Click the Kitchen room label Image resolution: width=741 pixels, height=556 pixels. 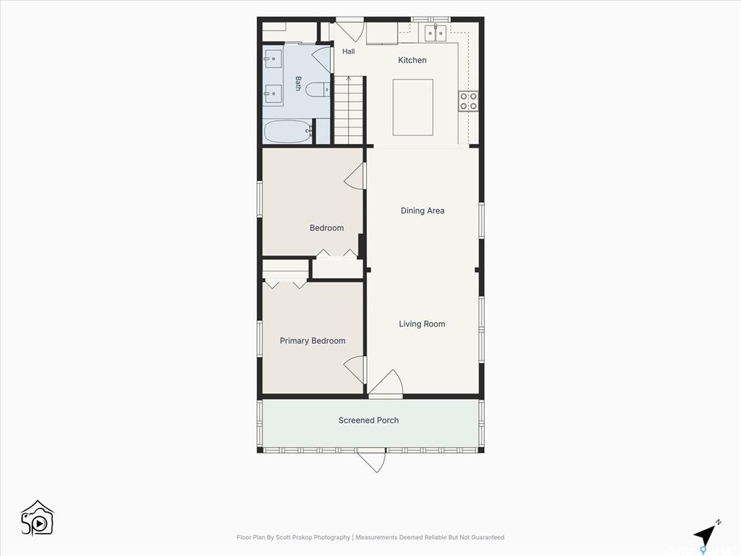(x=412, y=60)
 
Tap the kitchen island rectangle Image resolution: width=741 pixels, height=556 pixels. (x=413, y=107)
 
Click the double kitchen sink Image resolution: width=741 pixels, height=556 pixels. (x=435, y=33)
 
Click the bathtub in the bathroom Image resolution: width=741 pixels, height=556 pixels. (x=288, y=132)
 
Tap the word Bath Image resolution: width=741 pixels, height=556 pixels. (x=298, y=83)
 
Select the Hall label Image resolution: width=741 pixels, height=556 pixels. (x=348, y=51)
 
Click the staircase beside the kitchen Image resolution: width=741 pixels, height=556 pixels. (x=350, y=110)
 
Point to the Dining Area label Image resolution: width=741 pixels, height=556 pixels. (x=423, y=211)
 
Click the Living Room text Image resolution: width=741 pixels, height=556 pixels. (x=422, y=324)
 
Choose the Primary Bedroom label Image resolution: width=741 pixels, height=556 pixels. (x=313, y=341)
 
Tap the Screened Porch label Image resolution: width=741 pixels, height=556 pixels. (x=368, y=421)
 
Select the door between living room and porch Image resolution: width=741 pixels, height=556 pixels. (x=386, y=382)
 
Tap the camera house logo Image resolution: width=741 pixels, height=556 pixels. (x=38, y=518)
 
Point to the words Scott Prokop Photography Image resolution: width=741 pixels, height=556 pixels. (x=313, y=537)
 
